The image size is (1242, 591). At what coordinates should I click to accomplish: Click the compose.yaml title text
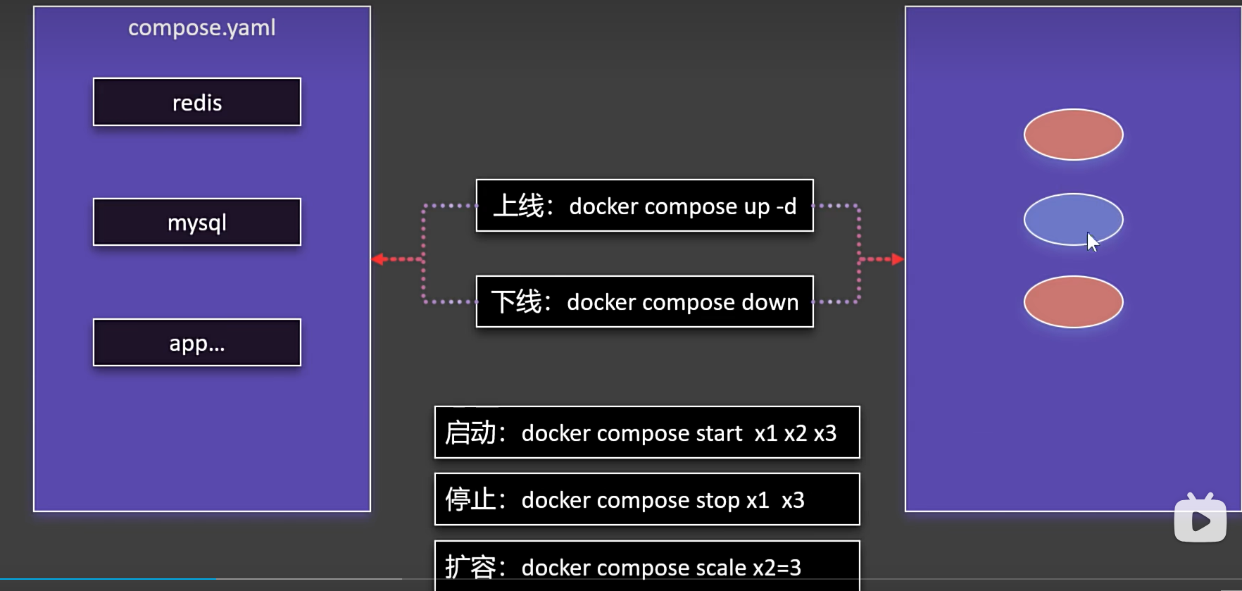point(201,28)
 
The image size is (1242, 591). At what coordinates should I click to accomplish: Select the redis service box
point(197,102)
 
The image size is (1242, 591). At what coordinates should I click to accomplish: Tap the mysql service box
point(197,223)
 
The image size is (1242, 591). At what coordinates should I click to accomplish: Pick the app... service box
point(197,343)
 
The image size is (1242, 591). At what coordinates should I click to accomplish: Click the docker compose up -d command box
point(644,206)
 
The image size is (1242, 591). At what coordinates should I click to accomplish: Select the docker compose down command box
point(644,301)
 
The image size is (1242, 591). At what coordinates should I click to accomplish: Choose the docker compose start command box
point(646,433)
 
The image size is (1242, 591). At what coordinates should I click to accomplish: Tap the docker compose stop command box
point(646,499)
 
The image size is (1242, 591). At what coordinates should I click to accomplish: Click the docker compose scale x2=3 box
point(646,565)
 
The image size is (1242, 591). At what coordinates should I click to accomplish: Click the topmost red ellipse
point(1073,135)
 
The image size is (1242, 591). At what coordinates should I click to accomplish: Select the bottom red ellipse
point(1073,301)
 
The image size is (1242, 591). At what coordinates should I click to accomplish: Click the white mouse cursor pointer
point(1092,242)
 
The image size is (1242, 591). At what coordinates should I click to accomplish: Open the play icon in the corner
point(1200,521)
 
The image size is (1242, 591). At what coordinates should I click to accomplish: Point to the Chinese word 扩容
point(470,567)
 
